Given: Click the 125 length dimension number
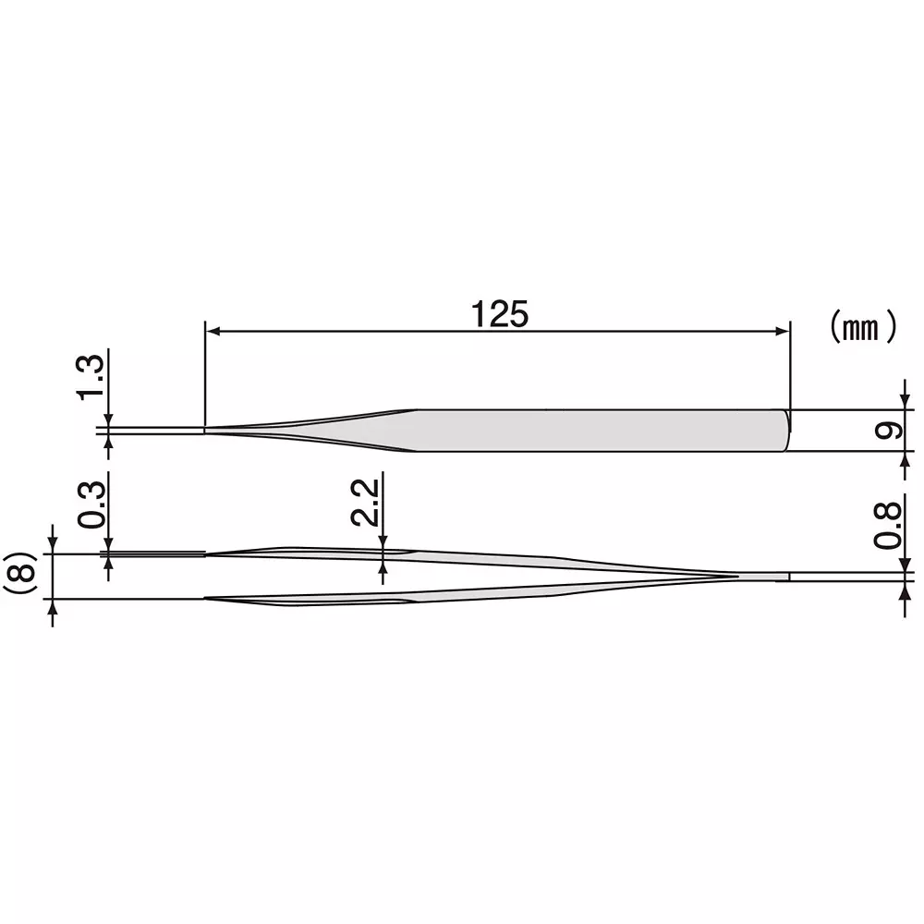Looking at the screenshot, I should [x=500, y=314].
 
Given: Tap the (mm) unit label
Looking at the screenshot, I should [x=862, y=326].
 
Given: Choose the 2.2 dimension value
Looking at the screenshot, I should [x=364, y=501].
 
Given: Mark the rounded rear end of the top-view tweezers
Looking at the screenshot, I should [x=787, y=431].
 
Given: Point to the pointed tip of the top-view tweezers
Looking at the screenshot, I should [x=206, y=430].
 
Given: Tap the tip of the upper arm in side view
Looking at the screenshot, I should [x=206, y=554].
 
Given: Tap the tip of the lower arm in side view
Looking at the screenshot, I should [x=206, y=599].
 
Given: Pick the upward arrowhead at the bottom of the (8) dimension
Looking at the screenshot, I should [x=54, y=606].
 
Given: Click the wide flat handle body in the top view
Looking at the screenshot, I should [x=601, y=431].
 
